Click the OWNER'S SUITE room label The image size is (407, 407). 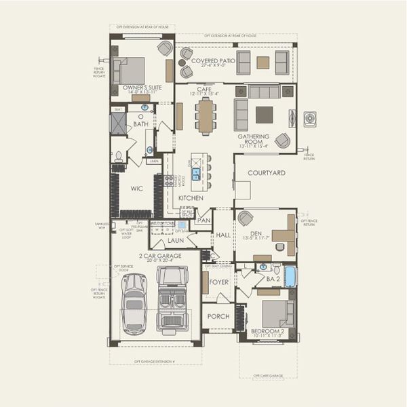tap(142, 88)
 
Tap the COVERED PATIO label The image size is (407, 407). tap(213, 61)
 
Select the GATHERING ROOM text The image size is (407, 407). tap(253, 136)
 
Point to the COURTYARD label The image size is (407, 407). tap(266, 173)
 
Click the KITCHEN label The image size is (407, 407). tap(191, 198)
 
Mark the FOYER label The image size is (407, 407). tap(218, 282)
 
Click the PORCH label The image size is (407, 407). tap(218, 317)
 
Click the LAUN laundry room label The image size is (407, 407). tap(176, 240)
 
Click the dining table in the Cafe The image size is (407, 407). tap(205, 116)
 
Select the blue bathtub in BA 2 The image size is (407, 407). tap(290, 276)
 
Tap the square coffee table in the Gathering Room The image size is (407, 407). tap(265, 114)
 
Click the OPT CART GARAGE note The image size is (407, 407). tap(267, 375)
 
